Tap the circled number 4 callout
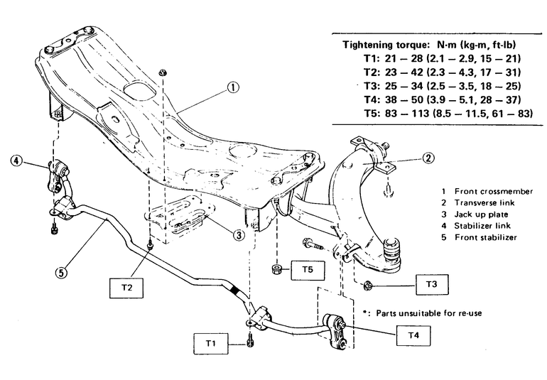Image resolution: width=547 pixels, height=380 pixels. (16, 161)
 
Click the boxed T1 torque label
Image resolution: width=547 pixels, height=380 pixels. (210, 343)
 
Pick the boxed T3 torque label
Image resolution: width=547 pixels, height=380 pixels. (432, 284)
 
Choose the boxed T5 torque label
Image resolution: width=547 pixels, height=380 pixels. (308, 270)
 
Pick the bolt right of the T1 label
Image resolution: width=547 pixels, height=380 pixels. (249, 341)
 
